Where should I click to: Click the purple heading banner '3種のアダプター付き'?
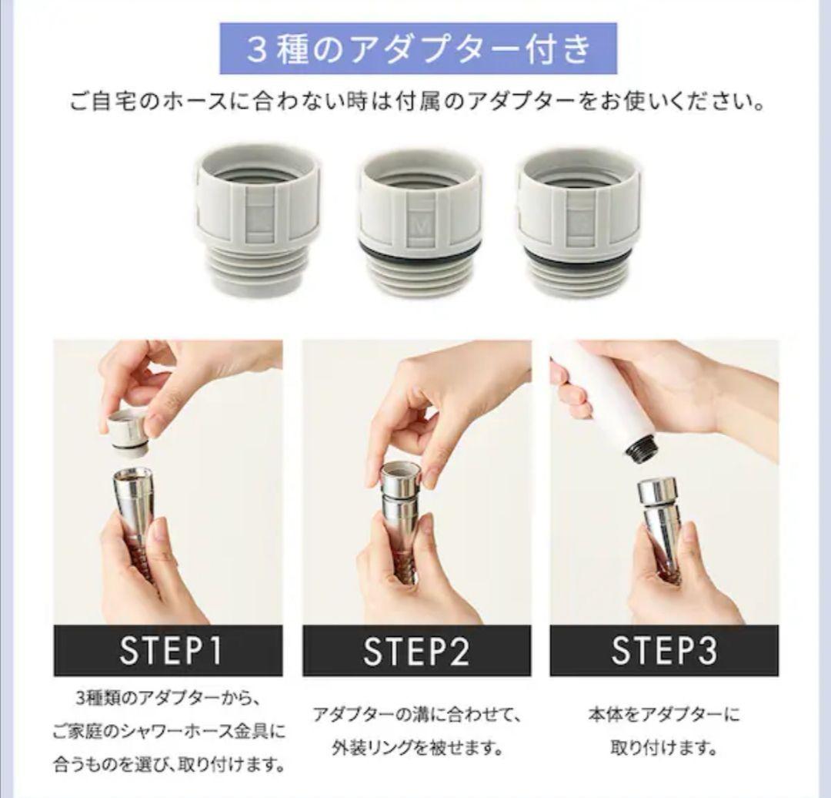[x=418, y=49]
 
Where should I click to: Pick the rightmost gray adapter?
[x=579, y=223]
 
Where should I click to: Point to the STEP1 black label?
[x=168, y=651]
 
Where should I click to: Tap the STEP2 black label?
[x=416, y=651]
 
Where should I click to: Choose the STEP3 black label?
[x=663, y=651]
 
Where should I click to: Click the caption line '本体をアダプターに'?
[x=663, y=715]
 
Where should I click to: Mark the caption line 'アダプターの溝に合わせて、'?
[x=416, y=715]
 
